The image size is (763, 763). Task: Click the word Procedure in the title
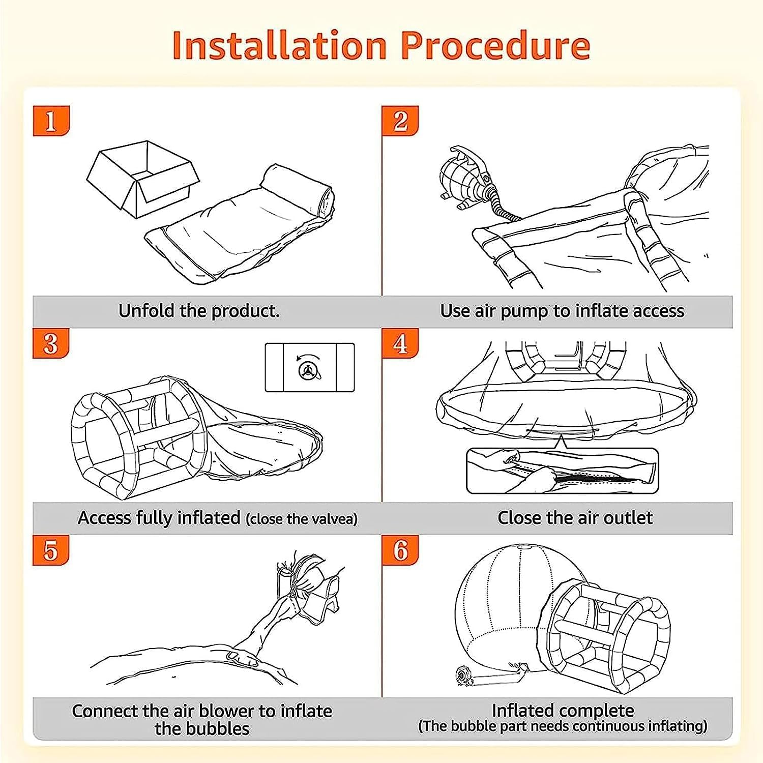click(495, 45)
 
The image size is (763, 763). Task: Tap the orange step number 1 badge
click(51, 121)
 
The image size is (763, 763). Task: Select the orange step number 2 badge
click(400, 121)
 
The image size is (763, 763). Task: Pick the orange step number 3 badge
click(51, 343)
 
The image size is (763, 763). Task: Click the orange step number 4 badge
click(400, 343)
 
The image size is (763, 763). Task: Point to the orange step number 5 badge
click(51, 550)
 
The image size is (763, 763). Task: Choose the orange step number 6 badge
click(400, 550)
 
